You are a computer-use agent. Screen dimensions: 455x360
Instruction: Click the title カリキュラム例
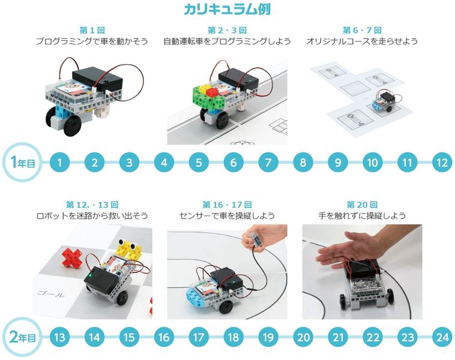click(227, 9)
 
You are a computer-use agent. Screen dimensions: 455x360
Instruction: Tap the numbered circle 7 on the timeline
click(268, 162)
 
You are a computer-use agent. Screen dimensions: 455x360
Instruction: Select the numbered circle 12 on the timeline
click(442, 162)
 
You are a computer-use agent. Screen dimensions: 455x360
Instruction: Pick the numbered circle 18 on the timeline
click(234, 337)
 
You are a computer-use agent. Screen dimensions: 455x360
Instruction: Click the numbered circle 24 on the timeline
click(442, 337)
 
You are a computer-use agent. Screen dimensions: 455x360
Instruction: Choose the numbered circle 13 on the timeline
click(59, 337)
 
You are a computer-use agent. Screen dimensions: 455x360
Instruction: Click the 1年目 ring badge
click(22, 162)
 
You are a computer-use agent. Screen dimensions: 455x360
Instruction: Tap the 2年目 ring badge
click(22, 337)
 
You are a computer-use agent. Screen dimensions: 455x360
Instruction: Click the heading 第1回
click(92, 30)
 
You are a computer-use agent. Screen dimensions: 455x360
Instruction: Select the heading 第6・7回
click(362, 30)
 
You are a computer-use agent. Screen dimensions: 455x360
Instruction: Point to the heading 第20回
click(362, 205)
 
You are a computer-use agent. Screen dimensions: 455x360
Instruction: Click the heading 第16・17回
click(227, 205)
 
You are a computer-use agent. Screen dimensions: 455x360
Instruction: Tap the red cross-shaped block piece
click(72, 256)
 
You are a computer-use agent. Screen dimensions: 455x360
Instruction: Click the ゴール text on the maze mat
click(50, 294)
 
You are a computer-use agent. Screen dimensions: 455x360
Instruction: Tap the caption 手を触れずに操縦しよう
click(362, 216)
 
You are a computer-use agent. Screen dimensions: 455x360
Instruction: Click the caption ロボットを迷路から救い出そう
click(92, 216)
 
